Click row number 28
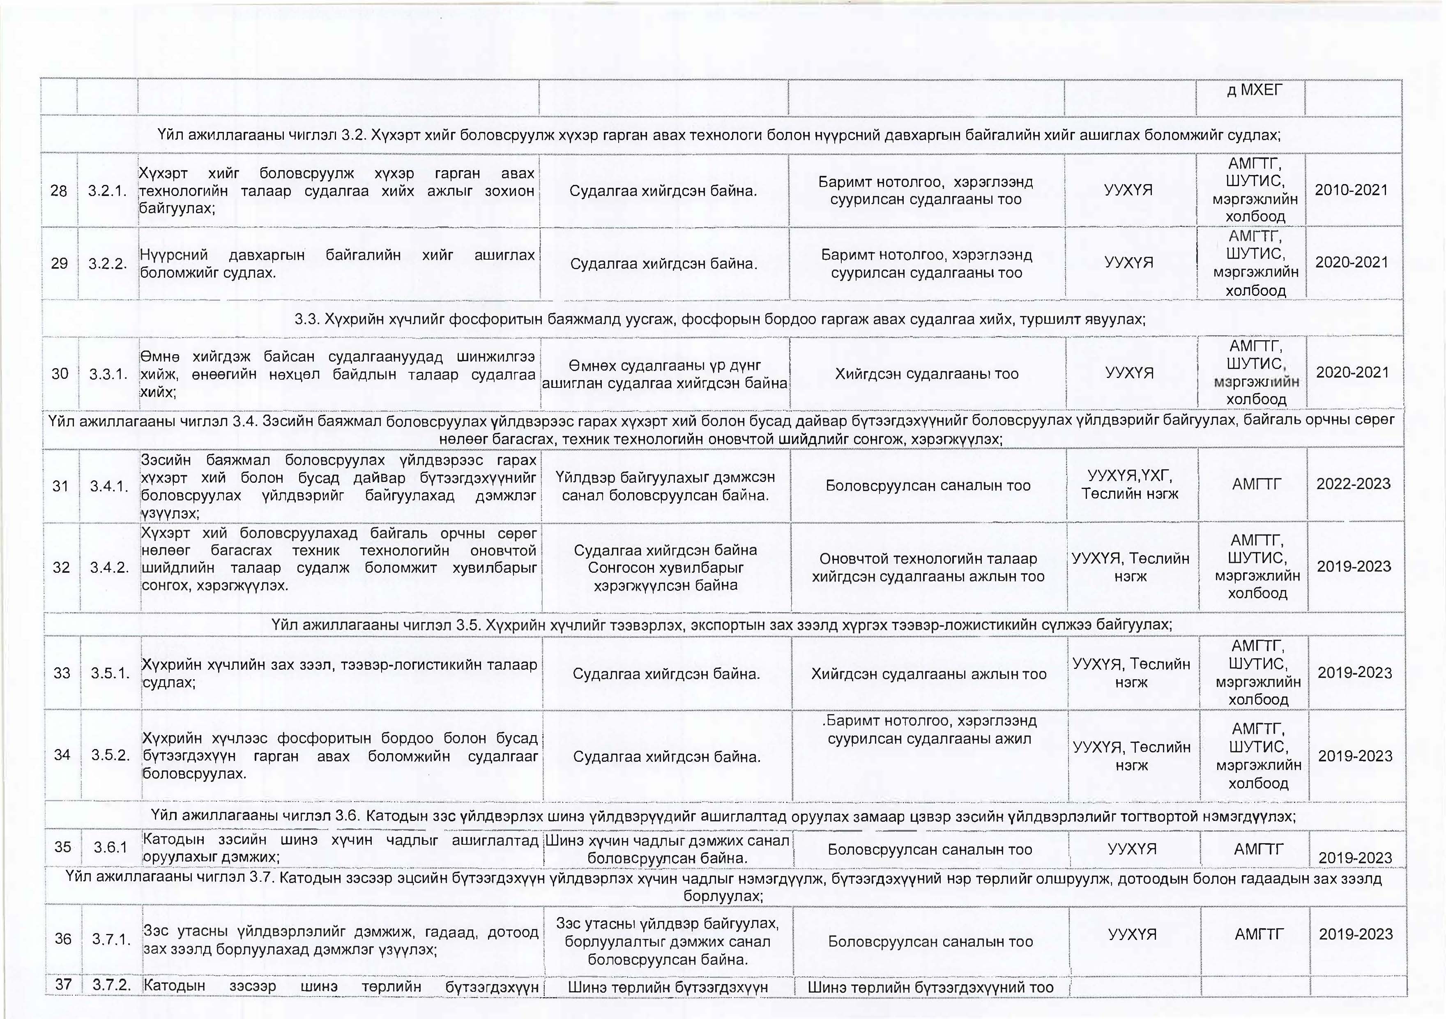coord(59,191)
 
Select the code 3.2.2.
coord(108,264)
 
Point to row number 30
coord(60,374)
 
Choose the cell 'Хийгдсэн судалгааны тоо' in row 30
coord(926,374)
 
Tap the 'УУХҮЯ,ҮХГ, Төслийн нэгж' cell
coord(1130,485)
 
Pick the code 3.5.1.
coord(110,673)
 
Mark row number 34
coord(62,755)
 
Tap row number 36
coord(63,939)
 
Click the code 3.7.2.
coord(111,985)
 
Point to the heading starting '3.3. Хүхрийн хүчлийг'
coord(720,319)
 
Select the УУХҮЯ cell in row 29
coord(1128,263)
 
